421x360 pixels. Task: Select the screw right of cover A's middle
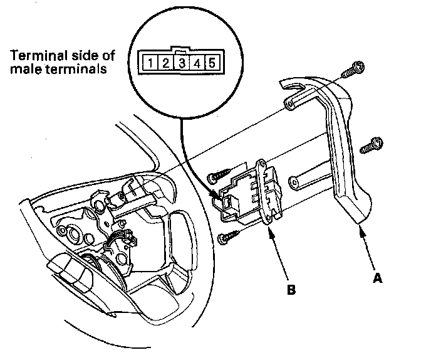pyautogui.click(x=372, y=143)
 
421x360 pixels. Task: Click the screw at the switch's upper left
pyautogui.click(x=219, y=177)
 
